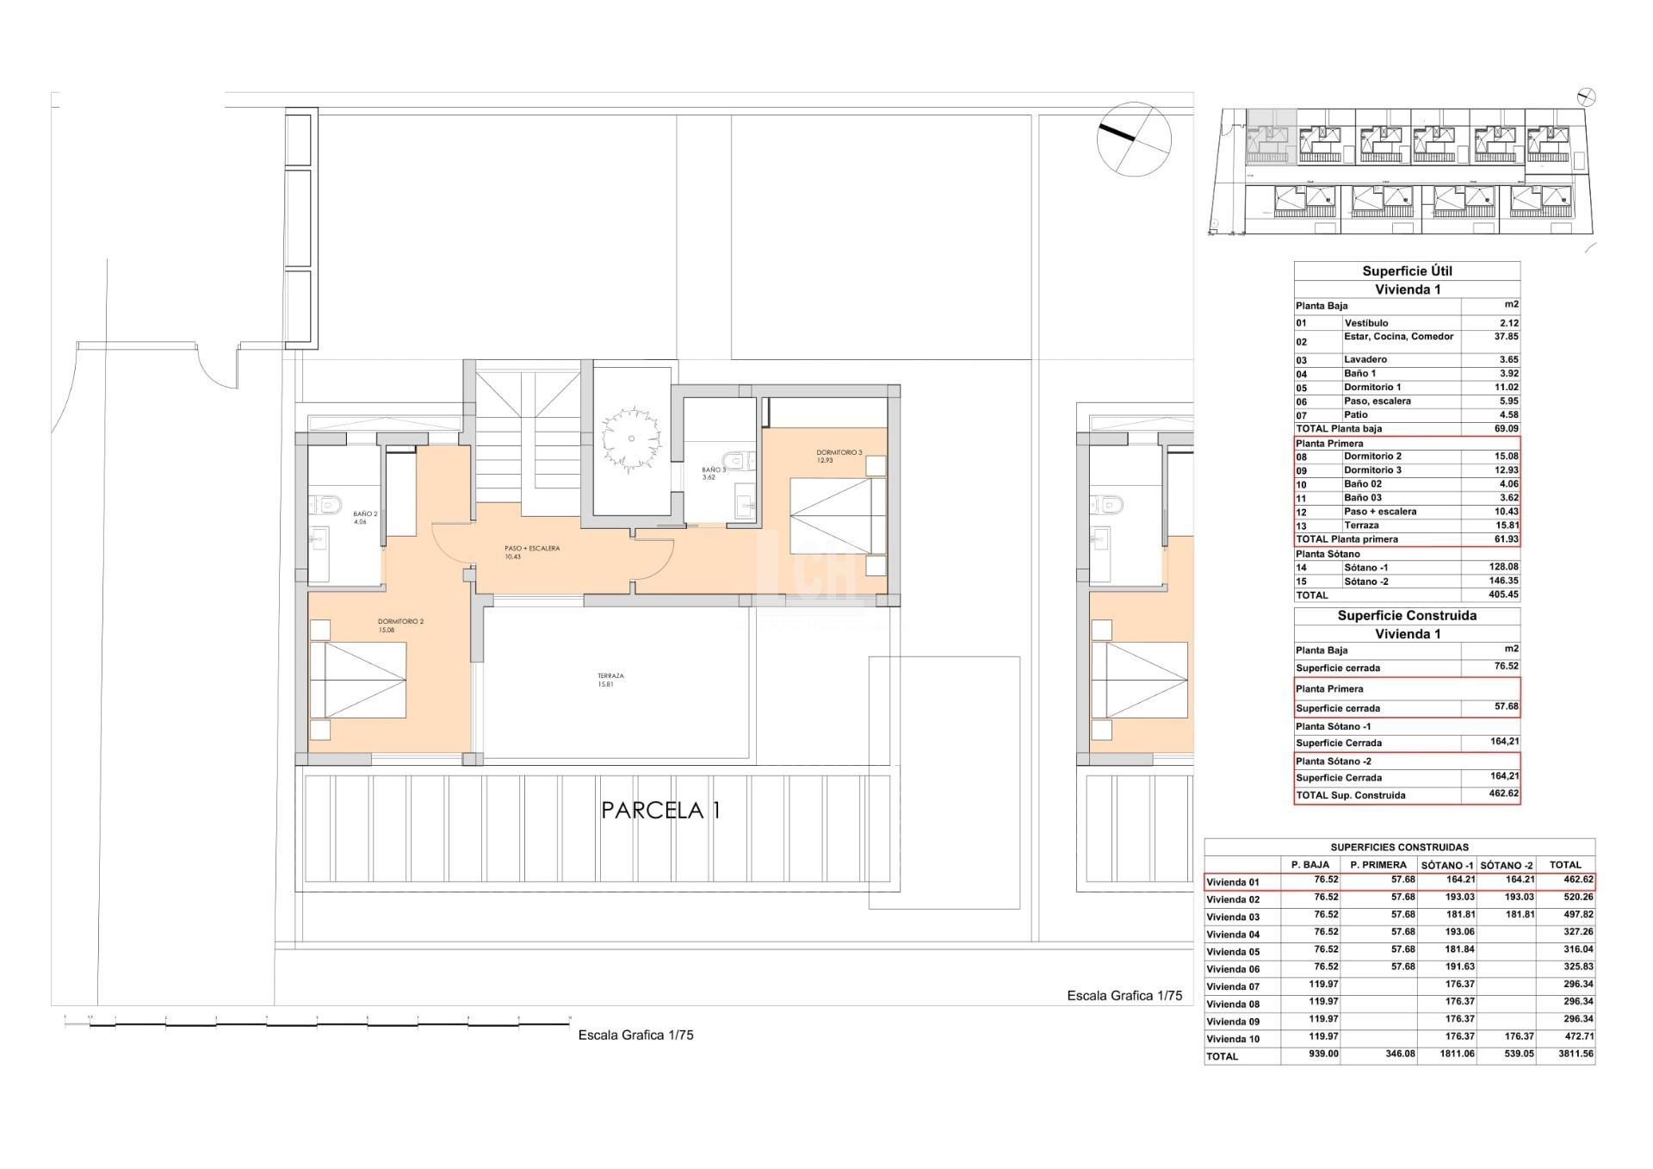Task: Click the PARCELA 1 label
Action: [x=660, y=811]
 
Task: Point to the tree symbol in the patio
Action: [x=631, y=439]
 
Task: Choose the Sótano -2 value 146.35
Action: [x=1503, y=581]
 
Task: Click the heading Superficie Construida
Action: [x=1407, y=616]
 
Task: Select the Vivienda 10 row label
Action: [x=1233, y=1039]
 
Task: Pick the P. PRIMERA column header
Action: [x=1377, y=865]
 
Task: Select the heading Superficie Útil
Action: [x=1407, y=271]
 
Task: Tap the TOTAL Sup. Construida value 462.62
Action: [x=1503, y=793]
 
